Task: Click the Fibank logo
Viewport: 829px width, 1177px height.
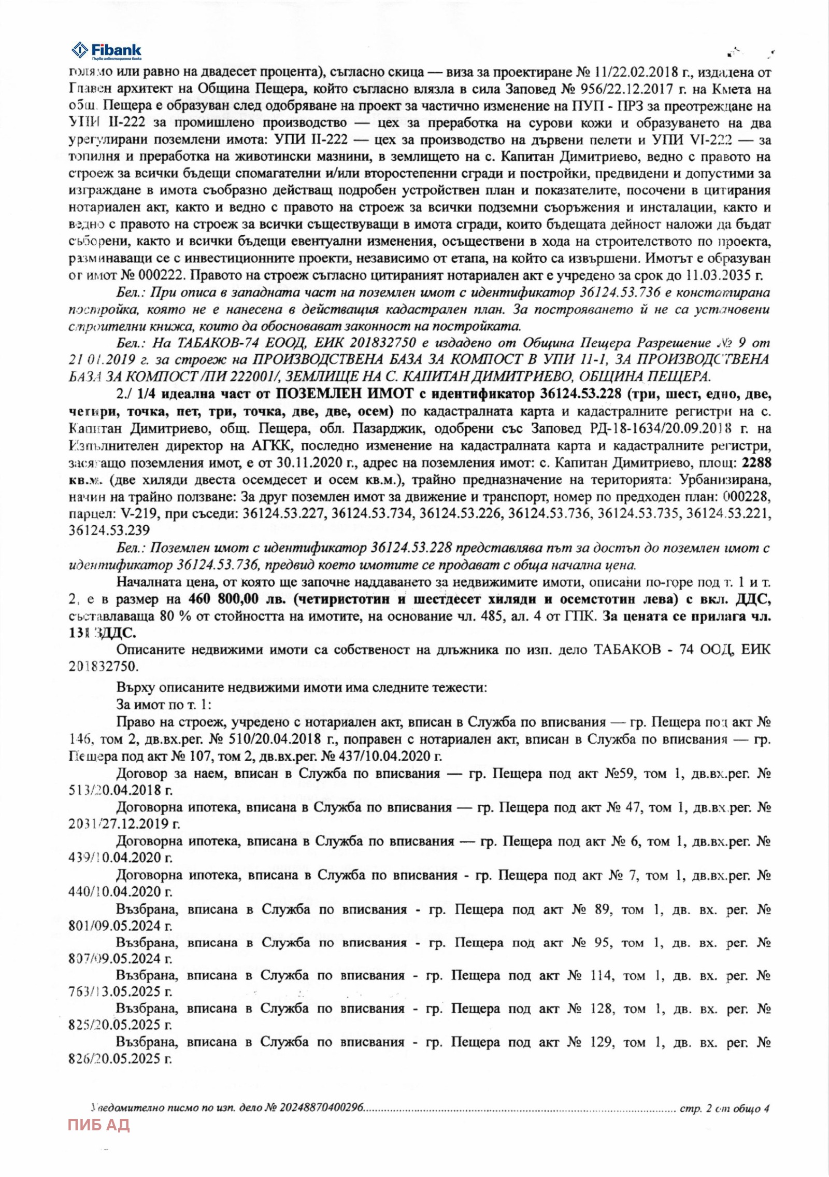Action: [106, 51]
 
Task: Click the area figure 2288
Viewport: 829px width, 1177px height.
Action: [756, 463]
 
